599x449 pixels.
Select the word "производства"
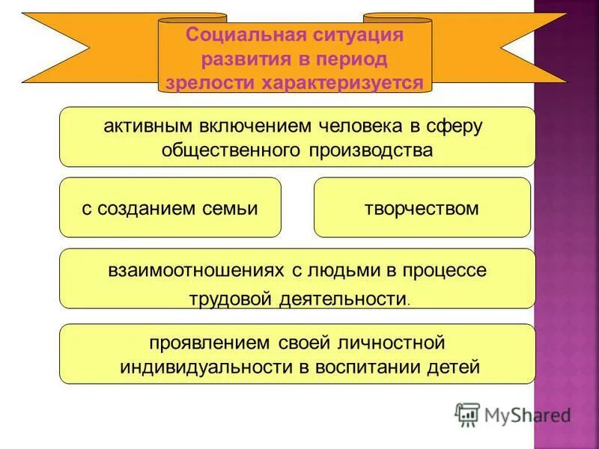click(369, 150)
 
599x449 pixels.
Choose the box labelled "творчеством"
click(422, 207)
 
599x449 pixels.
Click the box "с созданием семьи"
click(170, 207)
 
